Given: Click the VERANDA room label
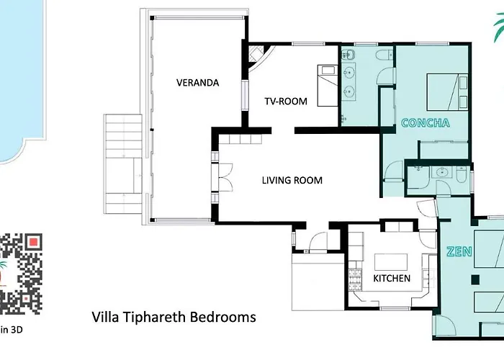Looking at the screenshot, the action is pos(198,83).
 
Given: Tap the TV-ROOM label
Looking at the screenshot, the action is pos(286,102).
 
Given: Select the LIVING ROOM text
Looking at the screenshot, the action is pos(292,180).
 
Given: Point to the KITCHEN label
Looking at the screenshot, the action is pos(392,278).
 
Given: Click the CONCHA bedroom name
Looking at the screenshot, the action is pos(426,123).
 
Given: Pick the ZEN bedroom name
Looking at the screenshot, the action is pos(459,251).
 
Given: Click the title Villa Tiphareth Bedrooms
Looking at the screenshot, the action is pos(174,317).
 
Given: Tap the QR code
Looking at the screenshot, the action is pos(21,274).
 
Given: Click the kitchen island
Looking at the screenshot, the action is pos(391,262).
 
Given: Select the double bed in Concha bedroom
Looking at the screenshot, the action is pos(447,92).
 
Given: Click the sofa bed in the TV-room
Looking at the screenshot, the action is pos(328,86).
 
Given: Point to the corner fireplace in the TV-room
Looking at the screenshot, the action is pos(256,54).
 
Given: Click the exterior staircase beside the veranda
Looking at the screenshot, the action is pos(123,164).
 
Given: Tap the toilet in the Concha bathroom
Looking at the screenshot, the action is pos(384,55).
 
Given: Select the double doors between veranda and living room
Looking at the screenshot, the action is pos(225,178).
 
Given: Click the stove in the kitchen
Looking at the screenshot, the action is pos(355,279).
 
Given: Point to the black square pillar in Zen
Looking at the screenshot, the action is pos(475,280).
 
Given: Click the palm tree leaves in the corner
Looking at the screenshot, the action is pos(499,28).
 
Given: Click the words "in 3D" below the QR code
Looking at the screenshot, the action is pos(12,330).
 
